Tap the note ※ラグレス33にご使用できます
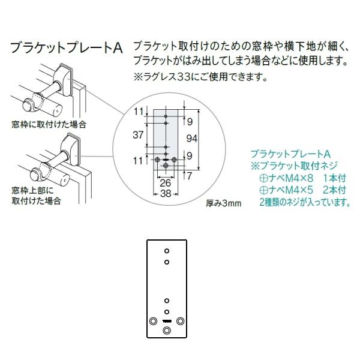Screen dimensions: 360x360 pyautogui.click(x=199, y=77)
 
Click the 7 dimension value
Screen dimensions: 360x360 pyautogui.click(x=188, y=176)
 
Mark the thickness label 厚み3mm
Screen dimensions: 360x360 pyautogui.click(x=223, y=203)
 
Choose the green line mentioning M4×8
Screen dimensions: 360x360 pyautogui.click(x=295, y=178)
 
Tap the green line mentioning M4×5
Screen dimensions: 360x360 pyautogui.click(x=295, y=190)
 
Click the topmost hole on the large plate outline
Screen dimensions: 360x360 pyautogui.click(x=167, y=250)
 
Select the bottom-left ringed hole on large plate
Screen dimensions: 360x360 pyautogui.click(x=152, y=320)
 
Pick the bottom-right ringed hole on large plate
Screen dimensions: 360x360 pyautogui.click(x=181, y=320)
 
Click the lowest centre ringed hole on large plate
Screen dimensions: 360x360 pyautogui.click(x=167, y=330)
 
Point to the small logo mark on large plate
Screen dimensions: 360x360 pyautogui.click(x=167, y=321)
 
